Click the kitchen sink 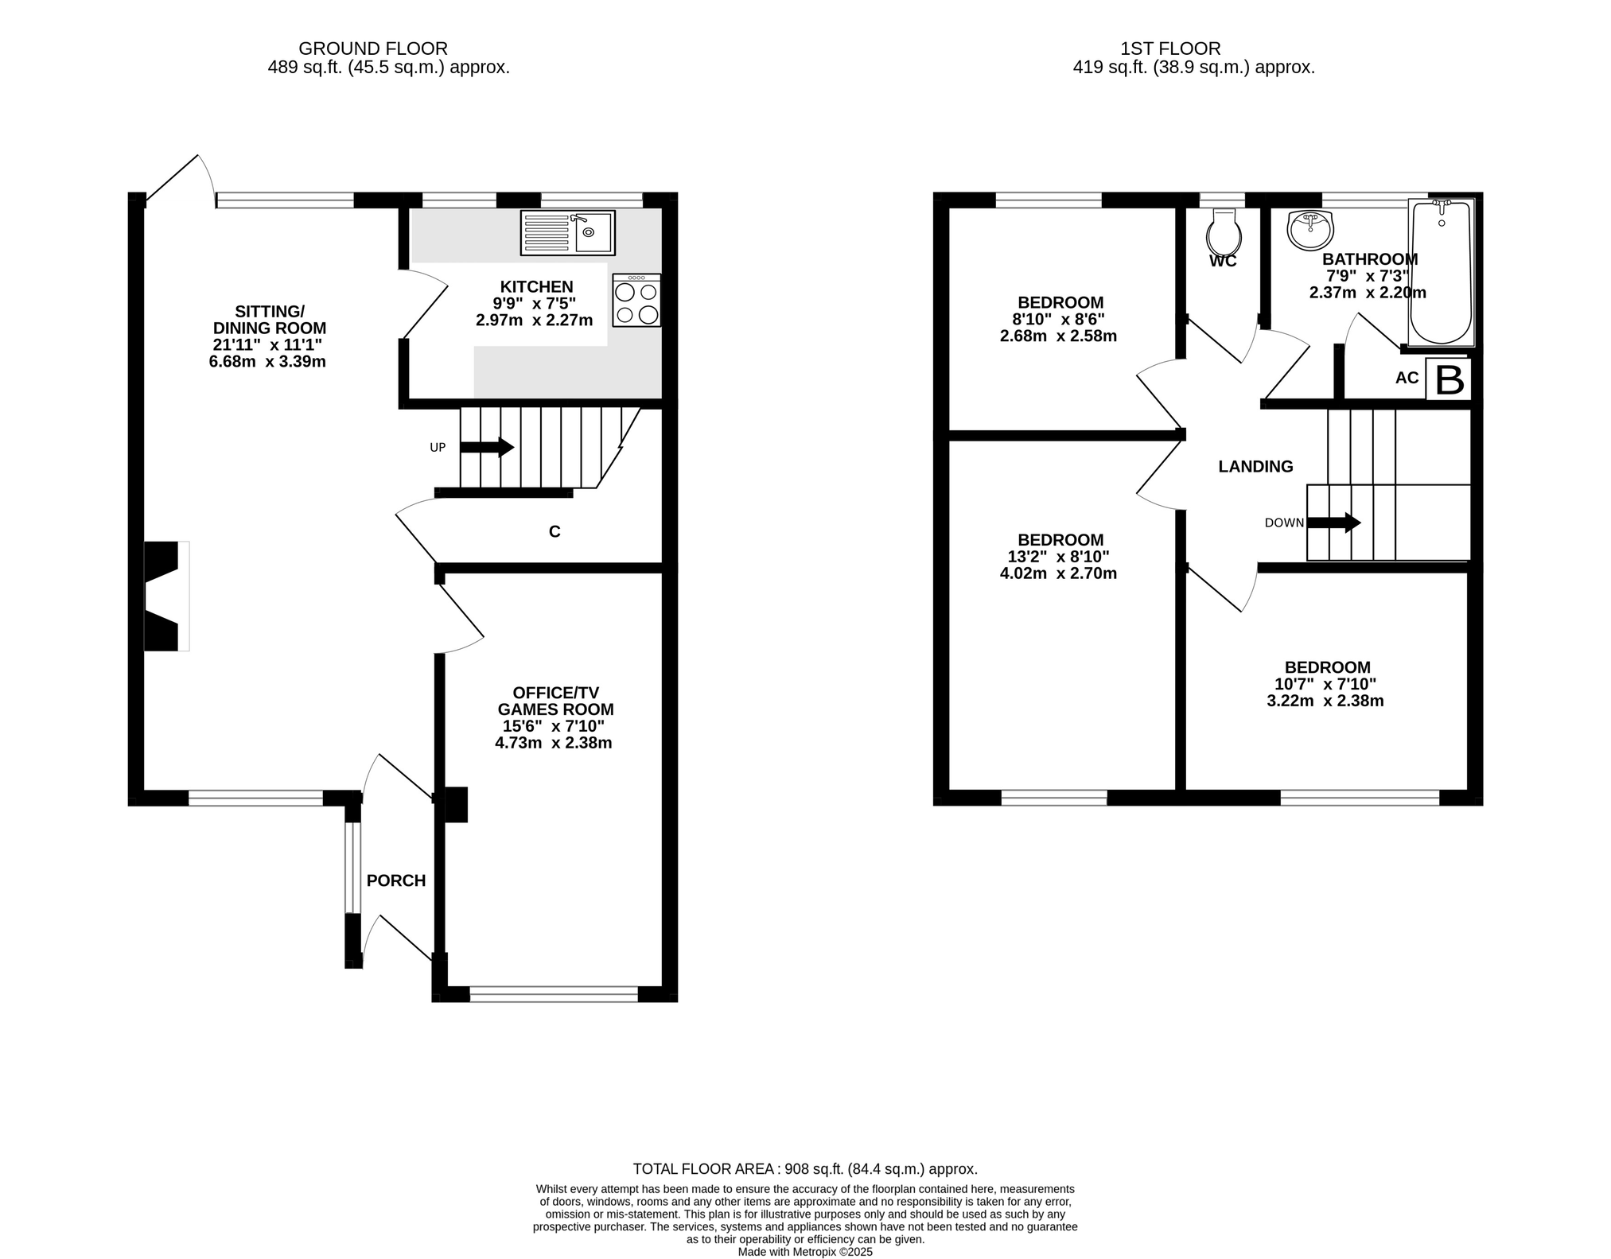(x=567, y=233)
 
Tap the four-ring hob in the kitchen (x=636, y=300)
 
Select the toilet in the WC (x=1224, y=231)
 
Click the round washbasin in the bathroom (x=1309, y=230)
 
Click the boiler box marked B (x=1448, y=379)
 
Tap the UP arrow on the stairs (x=487, y=447)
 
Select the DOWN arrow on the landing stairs (x=1334, y=523)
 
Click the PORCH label (x=396, y=880)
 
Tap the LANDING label (x=1255, y=467)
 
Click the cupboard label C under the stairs (x=555, y=532)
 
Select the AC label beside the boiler (x=1407, y=378)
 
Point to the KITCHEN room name (x=536, y=286)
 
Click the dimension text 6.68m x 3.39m (x=267, y=362)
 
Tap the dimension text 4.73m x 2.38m (x=553, y=743)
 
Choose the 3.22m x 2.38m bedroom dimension (x=1325, y=701)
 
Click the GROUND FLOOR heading (x=373, y=49)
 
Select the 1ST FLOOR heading (x=1170, y=49)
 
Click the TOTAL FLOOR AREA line (x=805, y=1169)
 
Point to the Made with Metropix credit (x=805, y=1252)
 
